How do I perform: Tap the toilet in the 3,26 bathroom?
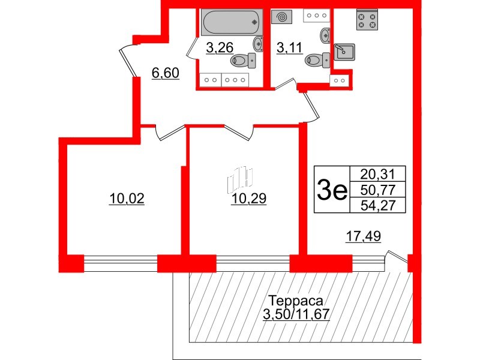[243, 60]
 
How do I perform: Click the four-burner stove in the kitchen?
[367, 22]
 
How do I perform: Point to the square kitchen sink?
[344, 52]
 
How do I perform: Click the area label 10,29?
[247, 199]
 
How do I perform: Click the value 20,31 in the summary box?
[377, 175]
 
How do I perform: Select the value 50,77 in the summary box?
[377, 191]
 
